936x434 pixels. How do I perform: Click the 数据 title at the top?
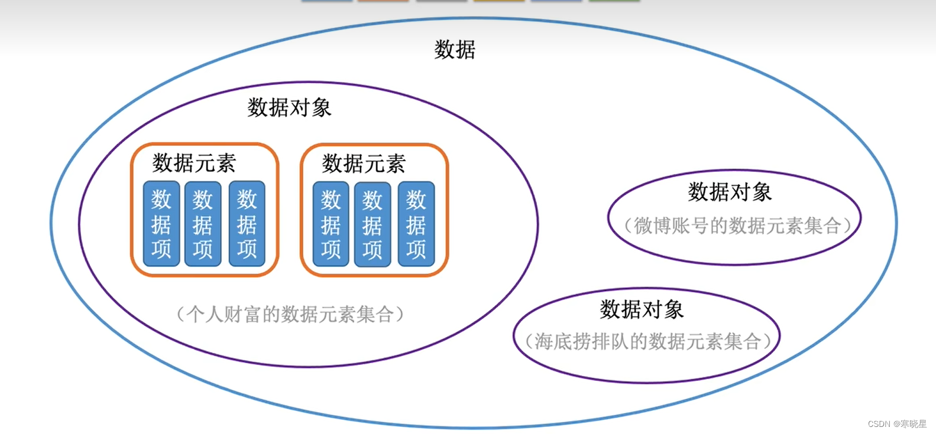click(x=455, y=50)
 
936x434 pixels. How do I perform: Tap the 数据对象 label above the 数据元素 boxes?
click(x=289, y=107)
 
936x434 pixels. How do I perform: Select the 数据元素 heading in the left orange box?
click(x=194, y=163)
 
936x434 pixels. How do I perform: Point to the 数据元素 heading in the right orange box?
click(x=364, y=164)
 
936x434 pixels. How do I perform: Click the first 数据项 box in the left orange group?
click(x=161, y=224)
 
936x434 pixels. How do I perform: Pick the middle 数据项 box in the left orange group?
click(x=203, y=224)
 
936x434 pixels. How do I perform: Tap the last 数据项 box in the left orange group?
click(x=247, y=224)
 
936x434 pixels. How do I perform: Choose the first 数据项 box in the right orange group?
click(x=331, y=224)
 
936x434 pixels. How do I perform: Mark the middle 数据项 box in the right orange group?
click(x=373, y=224)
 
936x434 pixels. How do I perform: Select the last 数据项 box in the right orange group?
click(x=416, y=224)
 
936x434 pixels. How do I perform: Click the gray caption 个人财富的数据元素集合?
click(x=290, y=314)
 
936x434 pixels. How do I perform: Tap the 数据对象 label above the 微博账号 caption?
click(x=730, y=192)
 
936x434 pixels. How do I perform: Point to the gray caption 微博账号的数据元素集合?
click(x=737, y=226)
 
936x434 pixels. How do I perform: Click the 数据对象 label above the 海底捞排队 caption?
click(x=642, y=309)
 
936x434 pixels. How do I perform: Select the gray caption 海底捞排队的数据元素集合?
click(x=647, y=341)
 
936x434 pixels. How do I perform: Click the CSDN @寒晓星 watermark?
click(x=897, y=423)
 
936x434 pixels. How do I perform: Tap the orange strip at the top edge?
click(x=383, y=1)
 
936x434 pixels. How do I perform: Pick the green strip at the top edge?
click(x=614, y=1)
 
